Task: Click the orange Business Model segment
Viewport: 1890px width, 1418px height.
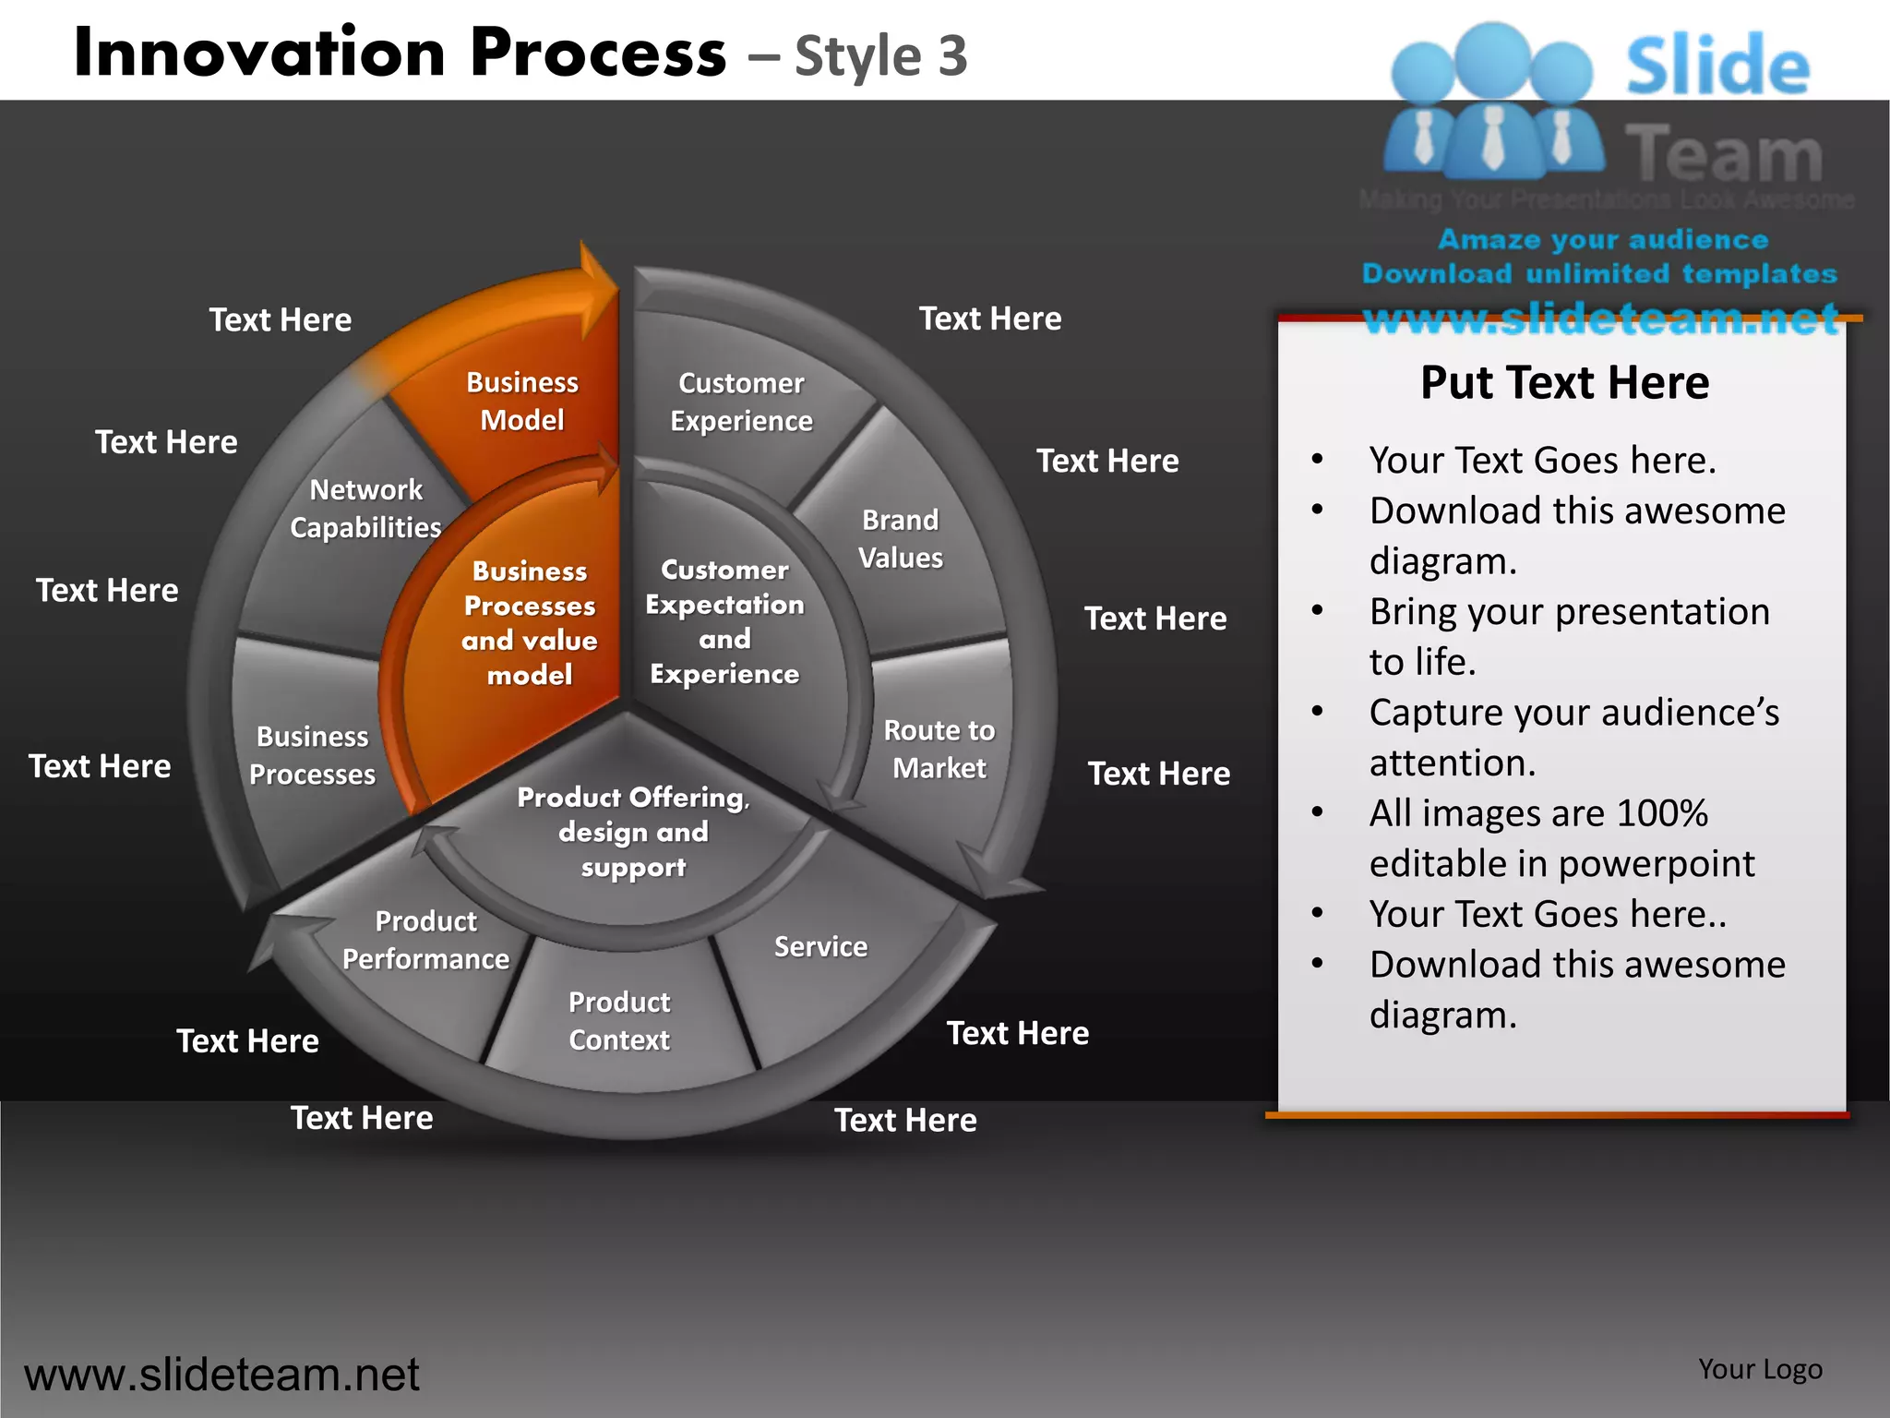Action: point(522,402)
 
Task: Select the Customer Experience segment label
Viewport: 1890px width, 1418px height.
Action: point(741,402)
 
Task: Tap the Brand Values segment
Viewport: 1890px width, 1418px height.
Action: point(901,539)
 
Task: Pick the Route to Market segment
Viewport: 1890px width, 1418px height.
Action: point(939,749)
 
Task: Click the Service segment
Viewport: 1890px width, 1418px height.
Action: point(820,947)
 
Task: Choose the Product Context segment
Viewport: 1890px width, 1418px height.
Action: point(619,1021)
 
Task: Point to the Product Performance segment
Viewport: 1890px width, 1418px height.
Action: point(425,940)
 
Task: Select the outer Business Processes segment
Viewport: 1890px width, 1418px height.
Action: point(312,755)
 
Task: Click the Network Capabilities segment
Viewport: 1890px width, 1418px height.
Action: point(365,509)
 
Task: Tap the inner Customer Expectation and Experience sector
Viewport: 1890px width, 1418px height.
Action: point(724,621)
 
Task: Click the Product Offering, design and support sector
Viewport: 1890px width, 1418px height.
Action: point(633,832)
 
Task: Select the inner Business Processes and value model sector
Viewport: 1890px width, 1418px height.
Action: point(529,623)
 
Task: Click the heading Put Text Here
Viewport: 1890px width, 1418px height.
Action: point(1564,382)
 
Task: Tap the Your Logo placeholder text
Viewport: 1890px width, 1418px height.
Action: point(1760,1369)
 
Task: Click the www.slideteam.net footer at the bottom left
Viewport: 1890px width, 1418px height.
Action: point(221,1375)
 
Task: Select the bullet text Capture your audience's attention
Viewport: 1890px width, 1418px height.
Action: point(1573,738)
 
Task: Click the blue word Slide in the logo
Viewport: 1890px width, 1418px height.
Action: point(1717,66)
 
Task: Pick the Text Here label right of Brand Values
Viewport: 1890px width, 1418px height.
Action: point(1107,461)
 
